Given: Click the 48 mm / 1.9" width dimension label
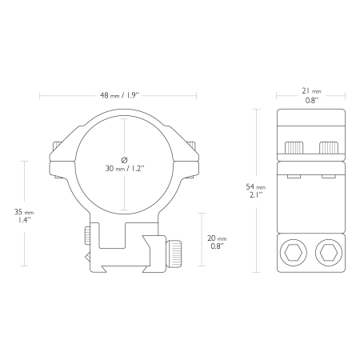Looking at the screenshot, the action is coord(120,95).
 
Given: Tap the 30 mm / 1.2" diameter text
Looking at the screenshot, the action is coord(125,169).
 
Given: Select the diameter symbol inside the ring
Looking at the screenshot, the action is coord(124,160).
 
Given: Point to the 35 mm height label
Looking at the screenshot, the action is coord(24,212).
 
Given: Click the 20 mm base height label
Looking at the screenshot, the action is coord(217,238).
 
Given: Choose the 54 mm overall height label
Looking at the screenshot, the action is coord(256,187).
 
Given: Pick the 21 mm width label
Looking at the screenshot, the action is coord(311,91).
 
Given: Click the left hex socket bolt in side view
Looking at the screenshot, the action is coord(293,253).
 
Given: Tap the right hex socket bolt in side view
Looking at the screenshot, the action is coord(329,253).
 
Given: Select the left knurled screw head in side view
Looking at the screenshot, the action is coord(294,148).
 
